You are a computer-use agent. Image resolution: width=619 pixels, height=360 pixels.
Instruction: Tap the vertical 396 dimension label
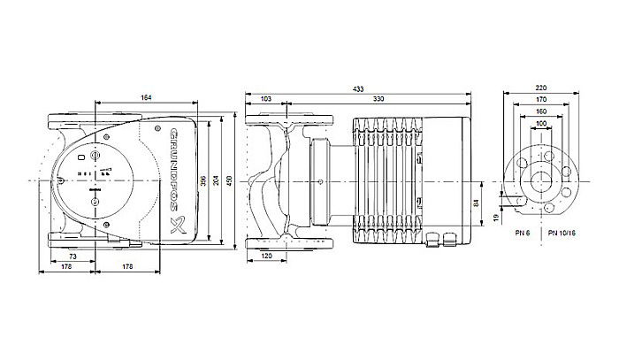[x=204, y=182]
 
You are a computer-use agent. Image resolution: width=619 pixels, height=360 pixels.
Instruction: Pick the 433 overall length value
[x=357, y=88]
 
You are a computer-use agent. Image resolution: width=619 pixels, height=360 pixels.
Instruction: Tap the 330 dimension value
[x=378, y=98]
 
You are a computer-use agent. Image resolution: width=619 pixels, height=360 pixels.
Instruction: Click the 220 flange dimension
[x=542, y=88]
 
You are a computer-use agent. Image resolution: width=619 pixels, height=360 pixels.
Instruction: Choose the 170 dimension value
[x=542, y=101]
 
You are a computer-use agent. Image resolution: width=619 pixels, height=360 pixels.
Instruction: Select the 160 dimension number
[x=542, y=112]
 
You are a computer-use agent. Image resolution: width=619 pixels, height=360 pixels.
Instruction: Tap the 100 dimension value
[x=542, y=124]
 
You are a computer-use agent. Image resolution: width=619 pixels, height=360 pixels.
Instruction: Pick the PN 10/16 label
[x=561, y=232]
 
